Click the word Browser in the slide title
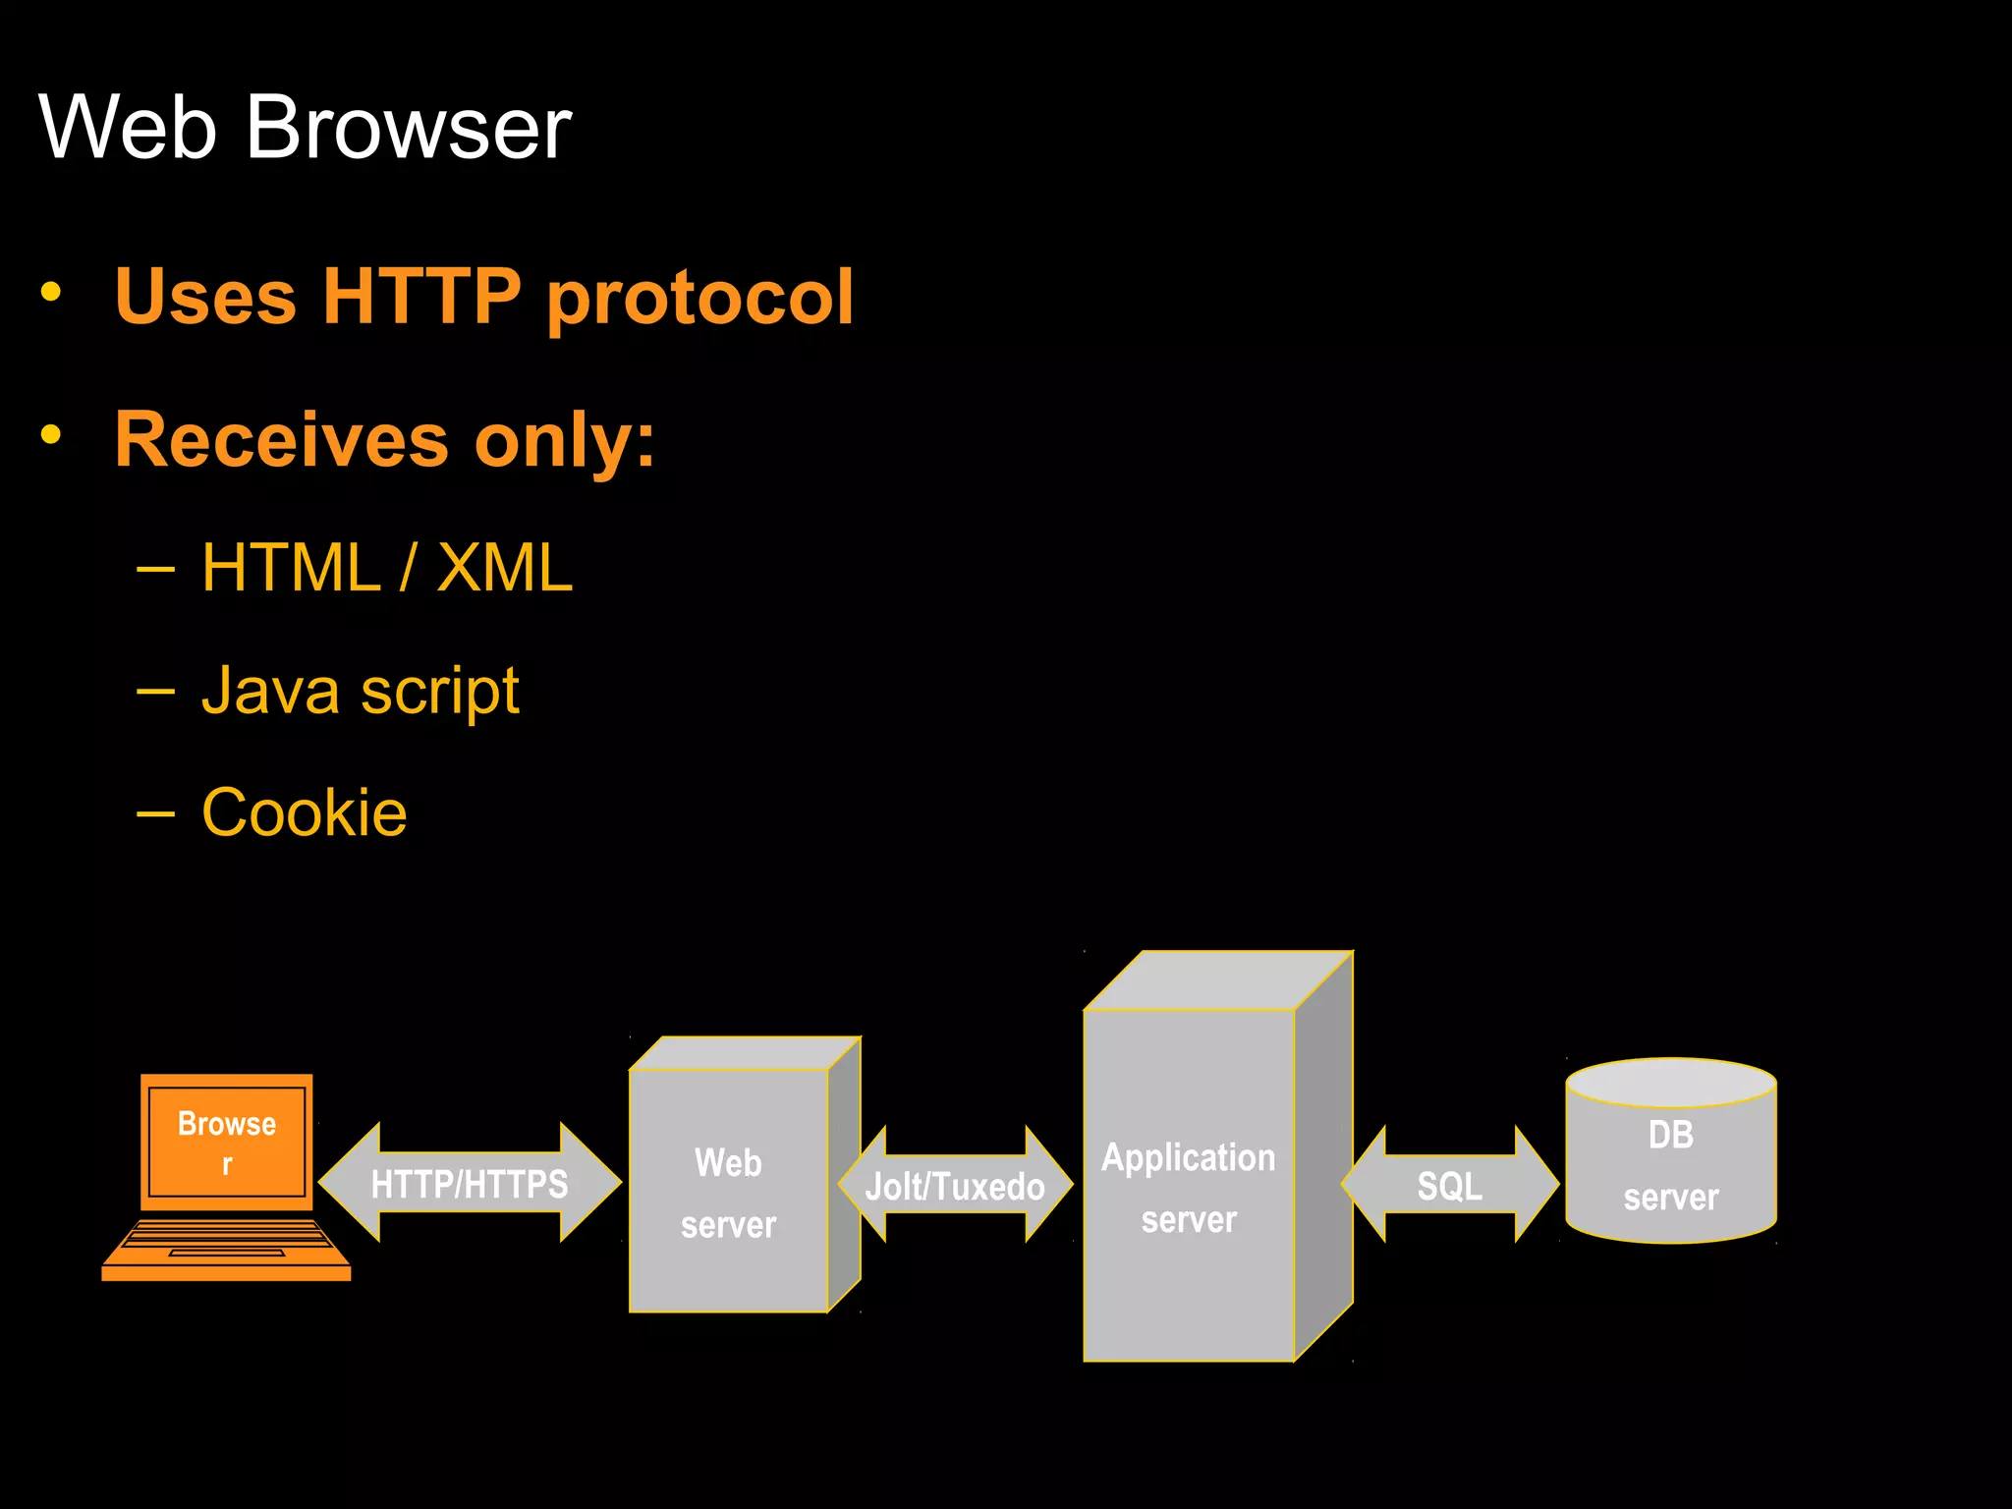point(408,128)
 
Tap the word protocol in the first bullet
point(699,298)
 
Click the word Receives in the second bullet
point(282,439)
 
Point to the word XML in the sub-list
point(504,568)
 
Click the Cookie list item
point(304,812)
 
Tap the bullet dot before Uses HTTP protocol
point(51,291)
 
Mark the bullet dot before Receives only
point(51,433)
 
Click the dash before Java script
point(155,692)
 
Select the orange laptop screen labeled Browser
point(227,1142)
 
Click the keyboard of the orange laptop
point(227,1240)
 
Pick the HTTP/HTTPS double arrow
point(470,1184)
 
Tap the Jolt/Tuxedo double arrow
point(955,1186)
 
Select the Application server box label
point(1189,1187)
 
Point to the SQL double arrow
point(1450,1186)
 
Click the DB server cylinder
point(1670,1165)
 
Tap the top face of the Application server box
point(1218,980)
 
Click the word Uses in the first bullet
point(204,296)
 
